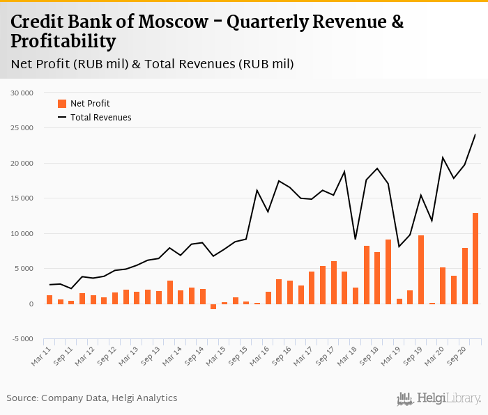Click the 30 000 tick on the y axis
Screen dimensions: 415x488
[x=22, y=93]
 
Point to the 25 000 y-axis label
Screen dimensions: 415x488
[x=22, y=128]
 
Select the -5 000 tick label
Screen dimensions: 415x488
[x=22, y=340]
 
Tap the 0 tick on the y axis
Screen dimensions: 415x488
[x=31, y=304]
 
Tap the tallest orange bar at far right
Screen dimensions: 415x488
[x=475, y=258]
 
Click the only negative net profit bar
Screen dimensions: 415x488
[x=213, y=306]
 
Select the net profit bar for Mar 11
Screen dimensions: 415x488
[x=49, y=299]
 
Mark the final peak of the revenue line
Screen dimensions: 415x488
[x=475, y=134]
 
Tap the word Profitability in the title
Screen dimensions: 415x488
[x=63, y=42]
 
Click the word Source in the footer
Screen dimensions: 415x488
[x=22, y=398]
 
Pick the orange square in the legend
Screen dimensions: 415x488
[x=62, y=104]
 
